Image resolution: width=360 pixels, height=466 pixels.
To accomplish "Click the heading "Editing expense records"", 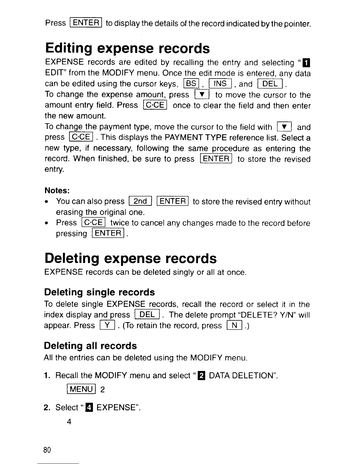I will [127, 48].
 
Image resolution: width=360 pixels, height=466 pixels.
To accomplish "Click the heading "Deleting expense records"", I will [130, 258].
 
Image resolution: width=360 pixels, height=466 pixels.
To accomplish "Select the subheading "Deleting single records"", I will [99, 292].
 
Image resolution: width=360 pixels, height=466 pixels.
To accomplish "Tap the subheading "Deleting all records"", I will [90, 346].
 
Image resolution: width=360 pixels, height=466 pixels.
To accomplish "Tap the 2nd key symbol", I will [140, 201].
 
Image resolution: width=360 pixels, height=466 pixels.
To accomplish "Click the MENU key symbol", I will [81, 389].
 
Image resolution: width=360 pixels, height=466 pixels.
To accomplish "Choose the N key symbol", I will [235, 325].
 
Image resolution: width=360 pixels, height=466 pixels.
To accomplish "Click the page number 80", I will [47, 450].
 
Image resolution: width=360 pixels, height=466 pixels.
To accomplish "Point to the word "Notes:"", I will [57, 191].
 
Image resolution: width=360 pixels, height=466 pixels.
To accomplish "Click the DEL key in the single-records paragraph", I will [147, 315].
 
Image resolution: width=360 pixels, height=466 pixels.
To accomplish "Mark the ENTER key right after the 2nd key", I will [173, 201].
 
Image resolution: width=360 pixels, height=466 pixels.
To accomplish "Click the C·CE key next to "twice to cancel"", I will [93, 222].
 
